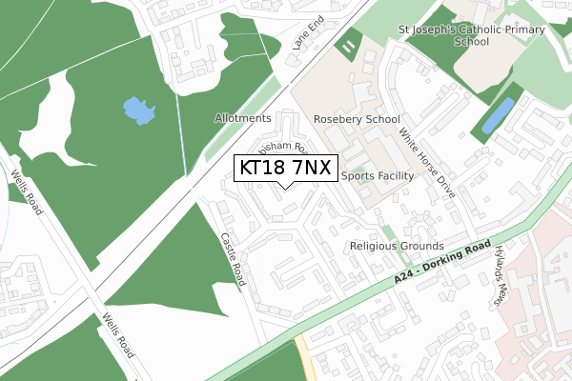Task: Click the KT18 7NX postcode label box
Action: [x=285, y=168]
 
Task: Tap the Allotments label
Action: [x=244, y=119]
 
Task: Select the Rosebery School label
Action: [x=357, y=120]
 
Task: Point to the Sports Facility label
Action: [x=377, y=176]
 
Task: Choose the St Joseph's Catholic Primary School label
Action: [x=472, y=35]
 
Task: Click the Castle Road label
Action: [x=235, y=260]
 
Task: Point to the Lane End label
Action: [x=309, y=36]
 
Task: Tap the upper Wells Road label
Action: [x=26, y=192]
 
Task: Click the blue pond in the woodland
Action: [x=139, y=111]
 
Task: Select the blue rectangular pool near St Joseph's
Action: [x=498, y=115]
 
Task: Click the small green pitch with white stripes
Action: [x=349, y=45]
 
